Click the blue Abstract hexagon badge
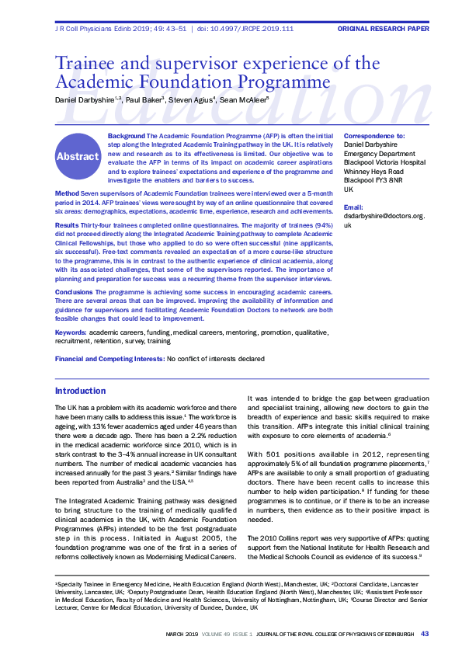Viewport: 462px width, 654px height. [78, 156]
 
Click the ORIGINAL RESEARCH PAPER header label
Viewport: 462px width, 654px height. [383, 29]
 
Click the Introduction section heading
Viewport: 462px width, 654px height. [81, 391]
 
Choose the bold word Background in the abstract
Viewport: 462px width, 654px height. [125, 136]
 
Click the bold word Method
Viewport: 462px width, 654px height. [66, 192]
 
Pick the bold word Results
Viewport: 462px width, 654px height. [67, 224]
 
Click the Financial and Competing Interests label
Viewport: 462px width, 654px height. [109, 359]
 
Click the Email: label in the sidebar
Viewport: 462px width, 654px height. [353, 207]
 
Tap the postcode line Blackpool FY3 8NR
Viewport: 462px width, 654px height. [373, 180]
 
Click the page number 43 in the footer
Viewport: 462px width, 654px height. [424, 635]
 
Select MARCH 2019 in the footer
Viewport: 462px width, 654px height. [183, 635]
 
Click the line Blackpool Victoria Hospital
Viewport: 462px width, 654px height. [384, 162]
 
